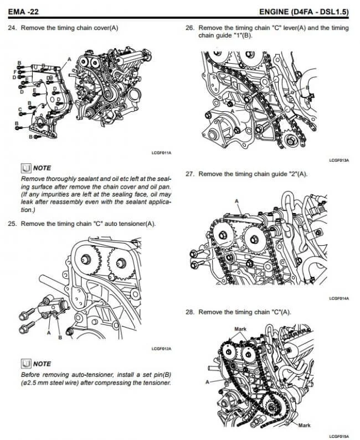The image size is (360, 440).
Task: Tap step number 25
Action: (12, 224)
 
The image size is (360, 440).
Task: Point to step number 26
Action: (189, 28)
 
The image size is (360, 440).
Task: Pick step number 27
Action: (189, 174)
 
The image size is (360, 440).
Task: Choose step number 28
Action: (189, 312)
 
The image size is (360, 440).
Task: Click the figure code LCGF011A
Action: (161, 152)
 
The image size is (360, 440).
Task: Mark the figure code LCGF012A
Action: (161, 349)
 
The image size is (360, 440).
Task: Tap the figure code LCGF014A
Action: (340, 298)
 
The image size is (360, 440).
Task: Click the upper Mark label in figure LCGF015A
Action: (240, 329)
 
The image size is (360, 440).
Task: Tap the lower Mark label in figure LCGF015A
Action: (304, 425)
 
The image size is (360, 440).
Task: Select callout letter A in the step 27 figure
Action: (236, 201)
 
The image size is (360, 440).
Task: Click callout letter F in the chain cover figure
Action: (14, 72)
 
